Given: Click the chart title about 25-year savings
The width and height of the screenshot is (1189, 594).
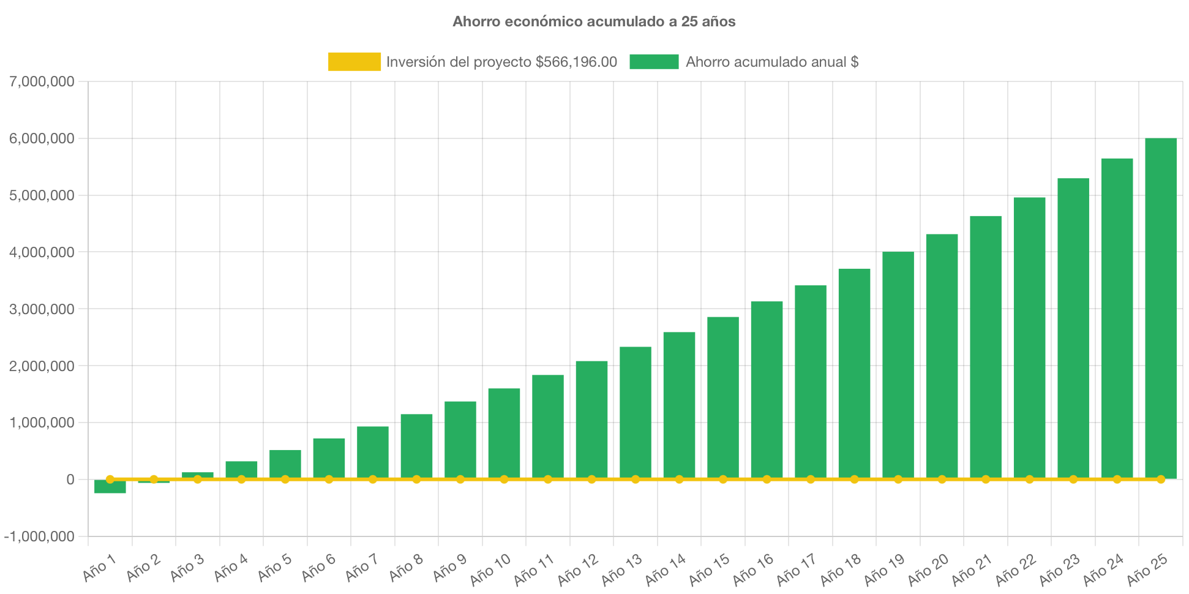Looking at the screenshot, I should tap(594, 21).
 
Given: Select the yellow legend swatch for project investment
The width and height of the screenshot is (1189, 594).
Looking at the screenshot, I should tap(354, 62).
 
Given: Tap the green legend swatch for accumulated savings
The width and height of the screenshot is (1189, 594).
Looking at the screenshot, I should tap(654, 62).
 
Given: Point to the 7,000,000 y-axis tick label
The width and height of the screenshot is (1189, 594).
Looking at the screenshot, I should tap(42, 81).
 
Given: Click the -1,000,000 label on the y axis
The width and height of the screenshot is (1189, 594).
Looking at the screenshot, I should tap(39, 536).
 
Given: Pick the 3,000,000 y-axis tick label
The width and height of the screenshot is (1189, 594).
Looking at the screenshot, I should tap(42, 309).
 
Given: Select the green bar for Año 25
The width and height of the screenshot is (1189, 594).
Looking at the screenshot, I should tap(1160, 306).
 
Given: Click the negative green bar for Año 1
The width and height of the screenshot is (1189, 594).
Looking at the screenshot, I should tap(110, 487).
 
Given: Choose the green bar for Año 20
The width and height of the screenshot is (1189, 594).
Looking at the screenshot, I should tap(942, 355).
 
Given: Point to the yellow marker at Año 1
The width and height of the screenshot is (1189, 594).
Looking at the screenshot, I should tap(110, 479).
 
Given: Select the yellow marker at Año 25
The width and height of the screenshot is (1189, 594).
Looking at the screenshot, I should tap(1160, 479).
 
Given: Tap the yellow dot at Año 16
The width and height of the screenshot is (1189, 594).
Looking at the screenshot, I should tap(767, 479).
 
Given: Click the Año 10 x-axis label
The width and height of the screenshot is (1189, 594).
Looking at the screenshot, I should tap(490, 570).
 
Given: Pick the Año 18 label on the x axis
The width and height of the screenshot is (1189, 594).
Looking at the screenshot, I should tap(840, 570).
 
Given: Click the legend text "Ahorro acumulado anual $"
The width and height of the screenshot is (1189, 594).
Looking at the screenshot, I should tap(771, 62).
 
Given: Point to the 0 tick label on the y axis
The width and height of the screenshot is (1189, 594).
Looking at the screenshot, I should tap(70, 479).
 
